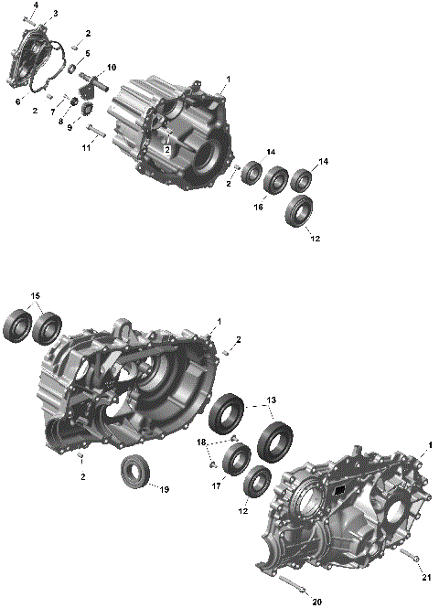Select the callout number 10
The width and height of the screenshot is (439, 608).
click(x=112, y=68)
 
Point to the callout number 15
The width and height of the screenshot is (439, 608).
click(x=35, y=296)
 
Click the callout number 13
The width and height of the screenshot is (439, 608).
click(x=270, y=401)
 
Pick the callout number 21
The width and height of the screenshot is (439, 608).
click(x=425, y=577)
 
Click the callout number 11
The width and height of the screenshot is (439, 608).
click(x=86, y=146)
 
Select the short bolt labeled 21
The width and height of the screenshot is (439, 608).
click(x=406, y=556)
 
